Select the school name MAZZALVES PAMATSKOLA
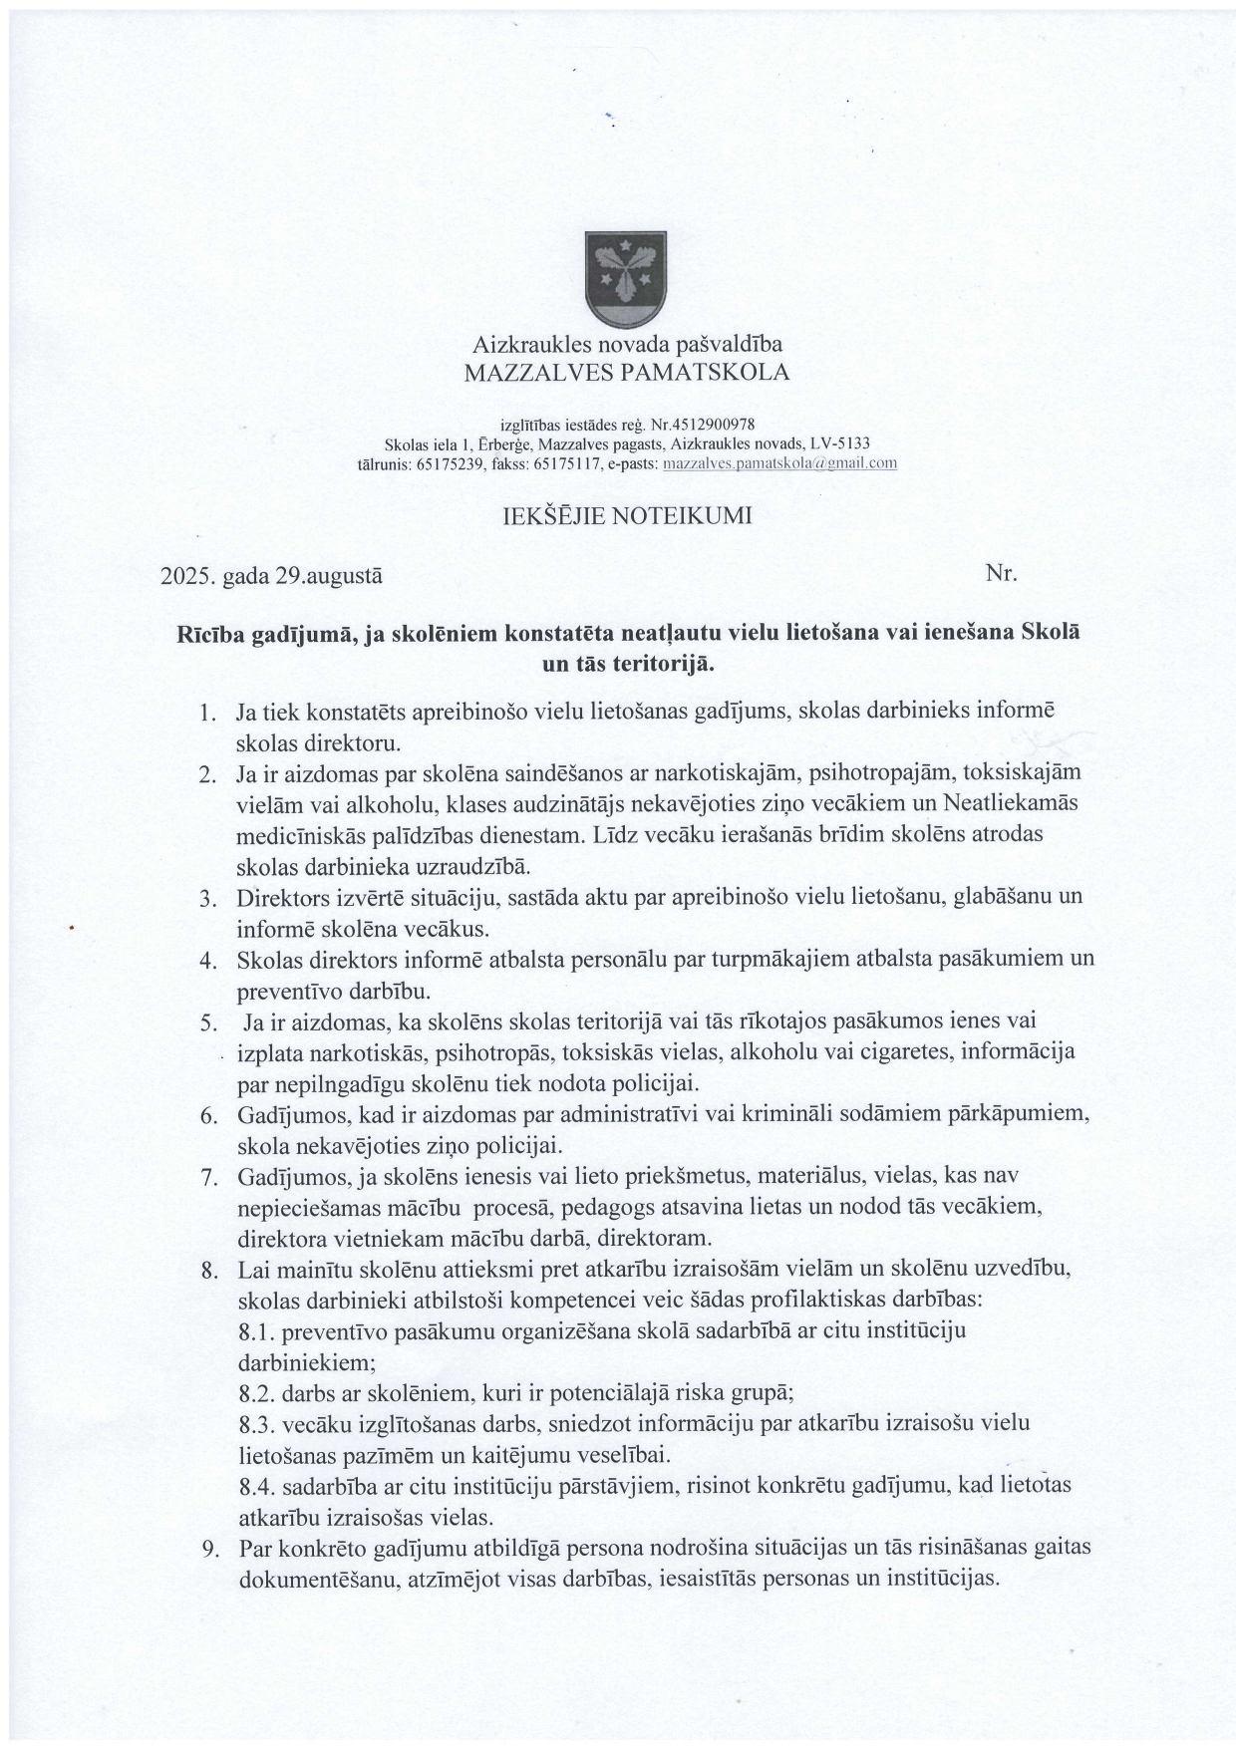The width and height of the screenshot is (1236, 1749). pyautogui.click(x=627, y=373)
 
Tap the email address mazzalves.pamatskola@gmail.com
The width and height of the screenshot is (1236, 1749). pyautogui.click(x=779, y=463)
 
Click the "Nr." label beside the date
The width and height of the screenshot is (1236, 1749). pyautogui.click(x=1000, y=573)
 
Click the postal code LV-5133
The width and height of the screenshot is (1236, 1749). pyautogui.click(x=842, y=444)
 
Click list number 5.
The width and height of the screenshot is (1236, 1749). pyautogui.click(x=208, y=1022)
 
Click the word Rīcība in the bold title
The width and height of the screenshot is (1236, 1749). pyautogui.click(x=209, y=634)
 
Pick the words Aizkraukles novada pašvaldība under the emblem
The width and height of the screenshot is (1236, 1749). pyautogui.click(x=627, y=345)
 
